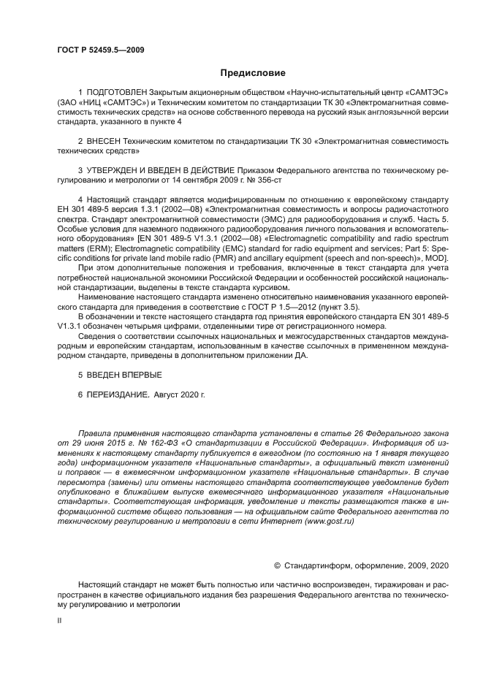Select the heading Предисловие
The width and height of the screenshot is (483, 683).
pyautogui.click(x=253, y=73)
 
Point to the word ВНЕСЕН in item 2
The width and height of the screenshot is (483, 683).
pyautogui.click(x=107, y=139)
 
